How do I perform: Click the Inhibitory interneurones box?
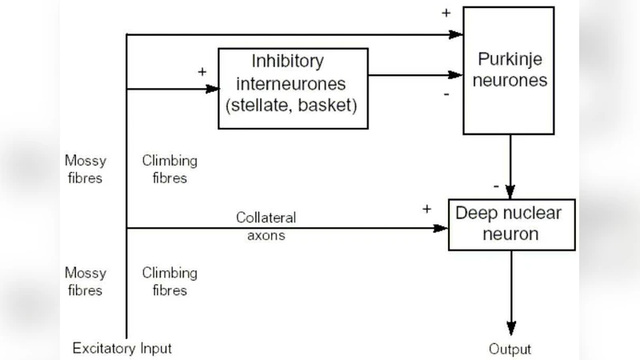pos(293,87)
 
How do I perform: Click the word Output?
pos(510,350)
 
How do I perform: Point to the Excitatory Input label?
pos(122,348)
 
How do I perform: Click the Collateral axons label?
pos(266,226)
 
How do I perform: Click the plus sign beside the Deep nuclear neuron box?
pos(427,209)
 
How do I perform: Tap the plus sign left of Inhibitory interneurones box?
pos(202,71)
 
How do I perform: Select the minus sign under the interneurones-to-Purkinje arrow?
pos(446,94)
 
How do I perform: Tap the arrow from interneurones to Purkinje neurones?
pos(416,76)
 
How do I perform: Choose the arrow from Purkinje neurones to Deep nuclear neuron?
pos(510,164)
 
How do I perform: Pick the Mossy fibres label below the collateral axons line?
pos(85,282)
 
